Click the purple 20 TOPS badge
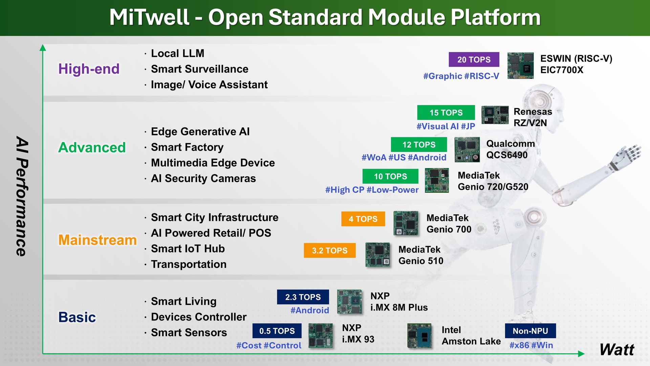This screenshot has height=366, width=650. [x=474, y=60]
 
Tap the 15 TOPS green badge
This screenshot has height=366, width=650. [x=446, y=113]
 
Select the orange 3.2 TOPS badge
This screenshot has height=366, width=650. [x=329, y=250]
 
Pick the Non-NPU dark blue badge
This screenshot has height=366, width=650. [x=530, y=331]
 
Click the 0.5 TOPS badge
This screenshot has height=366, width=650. [x=277, y=331]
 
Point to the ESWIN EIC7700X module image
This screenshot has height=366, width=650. [x=520, y=66]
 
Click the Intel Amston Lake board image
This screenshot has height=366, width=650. [x=419, y=336]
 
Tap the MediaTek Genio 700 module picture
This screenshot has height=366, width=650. [x=406, y=223]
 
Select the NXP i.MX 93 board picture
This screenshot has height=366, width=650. [x=320, y=335]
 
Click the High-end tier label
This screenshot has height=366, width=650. [x=89, y=69]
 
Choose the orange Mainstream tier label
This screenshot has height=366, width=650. [x=97, y=240]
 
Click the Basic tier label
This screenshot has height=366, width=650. [x=77, y=317]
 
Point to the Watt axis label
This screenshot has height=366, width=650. [x=616, y=350]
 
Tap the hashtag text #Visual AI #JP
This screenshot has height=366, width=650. [x=446, y=126]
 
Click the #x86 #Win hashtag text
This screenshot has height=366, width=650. [x=531, y=345]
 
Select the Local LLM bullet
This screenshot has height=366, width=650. [x=177, y=54]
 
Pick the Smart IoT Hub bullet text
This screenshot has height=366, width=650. [x=188, y=249]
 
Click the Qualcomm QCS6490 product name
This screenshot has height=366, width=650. [x=510, y=149]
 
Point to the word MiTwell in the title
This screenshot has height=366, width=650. [x=149, y=17]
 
